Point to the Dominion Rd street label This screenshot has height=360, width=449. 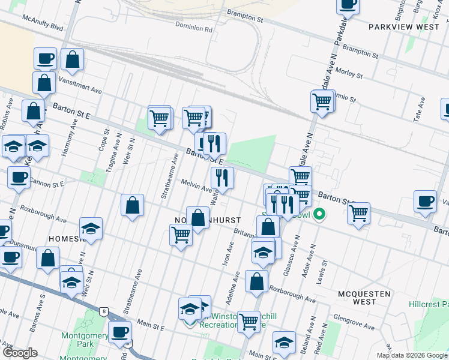click(x=194, y=26)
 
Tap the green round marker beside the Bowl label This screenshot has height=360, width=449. click(x=320, y=214)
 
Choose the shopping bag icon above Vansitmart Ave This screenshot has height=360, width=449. click(x=72, y=59)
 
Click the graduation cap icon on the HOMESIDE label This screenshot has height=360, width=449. click(x=91, y=228)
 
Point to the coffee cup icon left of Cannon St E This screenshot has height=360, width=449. click(x=19, y=177)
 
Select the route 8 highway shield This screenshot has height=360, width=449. click(x=104, y=311)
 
